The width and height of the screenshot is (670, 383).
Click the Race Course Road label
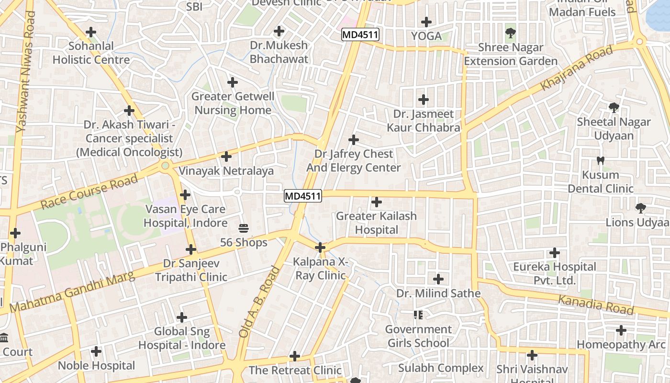coord(89,191)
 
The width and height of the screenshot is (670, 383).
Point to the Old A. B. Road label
coord(259,303)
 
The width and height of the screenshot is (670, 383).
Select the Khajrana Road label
coord(577,68)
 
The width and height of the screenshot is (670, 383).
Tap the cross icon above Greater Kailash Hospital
coord(377,202)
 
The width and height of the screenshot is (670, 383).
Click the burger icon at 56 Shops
coord(244,228)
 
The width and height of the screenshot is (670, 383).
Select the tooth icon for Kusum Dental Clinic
coord(601,160)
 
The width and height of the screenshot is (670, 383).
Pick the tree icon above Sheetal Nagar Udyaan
coord(614,107)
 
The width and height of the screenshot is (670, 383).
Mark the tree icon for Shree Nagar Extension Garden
coord(511,33)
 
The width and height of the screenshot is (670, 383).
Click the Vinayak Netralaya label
coord(226,171)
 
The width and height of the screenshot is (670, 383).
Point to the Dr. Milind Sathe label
coord(438,293)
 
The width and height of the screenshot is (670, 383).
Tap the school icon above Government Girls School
coord(418,315)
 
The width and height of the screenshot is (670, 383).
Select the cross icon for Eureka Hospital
coord(555,252)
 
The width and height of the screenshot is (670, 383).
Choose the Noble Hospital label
coord(96,366)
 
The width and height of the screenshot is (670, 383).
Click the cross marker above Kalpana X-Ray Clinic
coord(320,248)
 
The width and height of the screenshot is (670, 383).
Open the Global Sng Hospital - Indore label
coord(182,338)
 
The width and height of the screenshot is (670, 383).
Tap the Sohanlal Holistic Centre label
coord(91,53)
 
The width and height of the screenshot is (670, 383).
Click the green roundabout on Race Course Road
coord(166,165)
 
